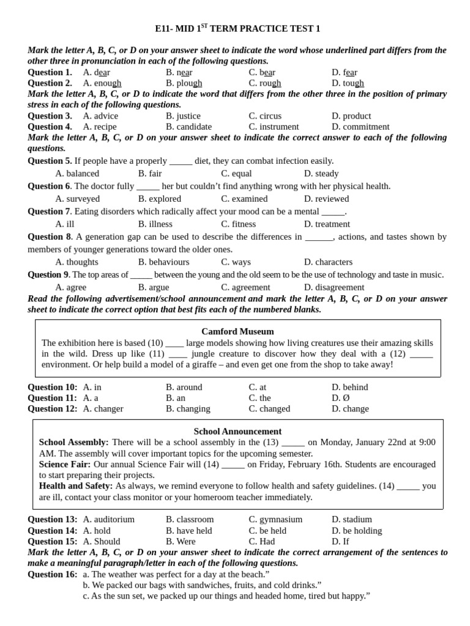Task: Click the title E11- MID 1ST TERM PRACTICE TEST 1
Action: [237, 29]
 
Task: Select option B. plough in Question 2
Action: [184, 83]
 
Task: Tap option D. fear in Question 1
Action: [344, 72]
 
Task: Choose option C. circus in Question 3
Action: [265, 116]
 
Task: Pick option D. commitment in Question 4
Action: [360, 127]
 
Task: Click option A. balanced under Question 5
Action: [77, 174]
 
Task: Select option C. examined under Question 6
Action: [244, 199]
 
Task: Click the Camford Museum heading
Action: [237, 331]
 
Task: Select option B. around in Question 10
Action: [184, 387]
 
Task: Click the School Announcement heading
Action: [237, 431]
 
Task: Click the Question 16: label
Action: [53, 574]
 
